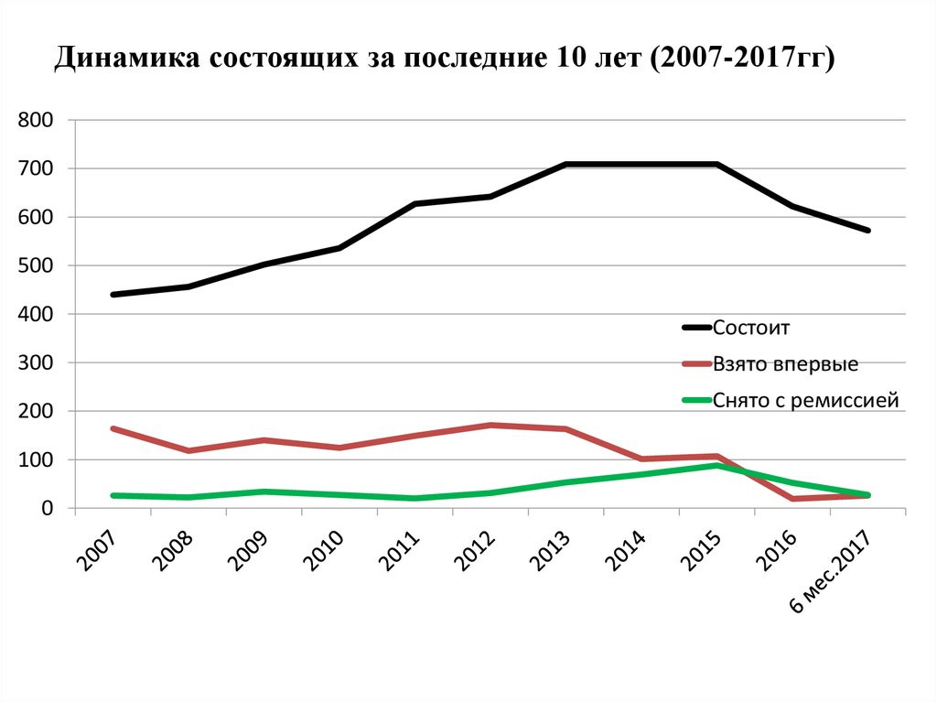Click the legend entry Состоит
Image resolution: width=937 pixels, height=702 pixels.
(x=750, y=327)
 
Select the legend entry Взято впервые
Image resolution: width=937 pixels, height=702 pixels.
(x=784, y=363)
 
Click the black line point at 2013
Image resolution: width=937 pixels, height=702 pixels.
(x=566, y=165)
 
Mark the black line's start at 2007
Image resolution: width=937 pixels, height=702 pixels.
(x=113, y=295)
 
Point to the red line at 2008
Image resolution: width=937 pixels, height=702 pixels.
(x=188, y=450)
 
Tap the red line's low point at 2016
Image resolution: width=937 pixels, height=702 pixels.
(x=792, y=499)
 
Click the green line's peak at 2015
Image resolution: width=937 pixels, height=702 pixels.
(x=716, y=465)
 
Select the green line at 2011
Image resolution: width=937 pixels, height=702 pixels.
(x=415, y=498)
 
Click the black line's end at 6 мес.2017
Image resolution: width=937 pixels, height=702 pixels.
(x=867, y=231)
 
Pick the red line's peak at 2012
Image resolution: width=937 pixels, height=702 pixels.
(x=490, y=426)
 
